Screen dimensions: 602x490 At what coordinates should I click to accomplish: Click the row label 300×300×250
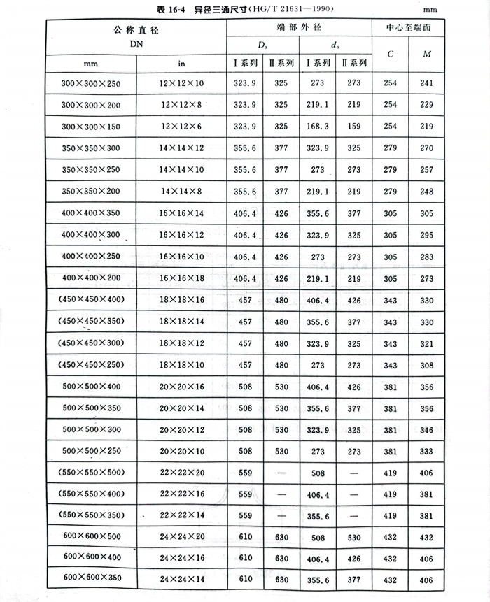tap(91, 83)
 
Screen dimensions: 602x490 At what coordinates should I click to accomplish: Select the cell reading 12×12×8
tap(181, 104)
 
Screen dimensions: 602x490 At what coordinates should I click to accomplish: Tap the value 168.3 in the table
tap(318, 126)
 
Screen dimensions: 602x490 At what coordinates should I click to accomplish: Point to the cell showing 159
tap(353, 126)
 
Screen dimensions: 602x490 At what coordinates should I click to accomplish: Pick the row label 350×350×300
tap(91, 148)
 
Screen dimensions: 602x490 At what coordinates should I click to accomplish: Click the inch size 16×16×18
tap(181, 278)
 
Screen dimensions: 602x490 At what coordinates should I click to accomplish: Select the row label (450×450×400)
tap(91, 299)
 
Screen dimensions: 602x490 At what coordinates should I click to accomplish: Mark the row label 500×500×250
tap(91, 452)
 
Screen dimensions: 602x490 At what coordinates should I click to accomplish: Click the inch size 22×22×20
tap(181, 473)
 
